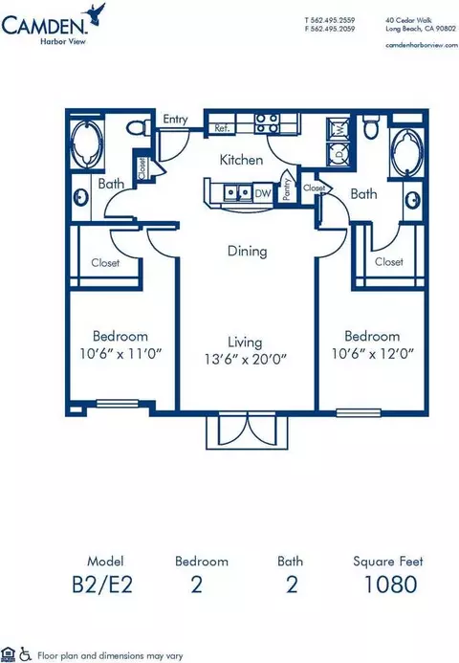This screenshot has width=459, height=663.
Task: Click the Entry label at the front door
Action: click(175, 120)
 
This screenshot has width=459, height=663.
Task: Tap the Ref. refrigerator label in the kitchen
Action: click(222, 128)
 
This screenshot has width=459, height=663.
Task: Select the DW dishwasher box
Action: click(263, 193)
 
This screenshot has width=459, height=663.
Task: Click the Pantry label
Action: click(287, 188)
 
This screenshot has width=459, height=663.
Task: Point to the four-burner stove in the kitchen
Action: click(267, 122)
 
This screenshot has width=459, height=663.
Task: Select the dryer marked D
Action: click(339, 154)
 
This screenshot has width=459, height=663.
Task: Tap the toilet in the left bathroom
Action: click(139, 127)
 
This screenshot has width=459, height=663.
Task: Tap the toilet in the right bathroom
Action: click(371, 126)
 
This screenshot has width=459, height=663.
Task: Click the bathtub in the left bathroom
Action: click(87, 144)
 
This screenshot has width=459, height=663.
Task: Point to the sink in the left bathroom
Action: click(80, 197)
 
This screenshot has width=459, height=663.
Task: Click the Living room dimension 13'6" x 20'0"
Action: click(246, 360)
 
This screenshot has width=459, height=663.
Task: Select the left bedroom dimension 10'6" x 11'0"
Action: click(120, 353)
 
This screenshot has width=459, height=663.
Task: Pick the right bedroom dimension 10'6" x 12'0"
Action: click(372, 353)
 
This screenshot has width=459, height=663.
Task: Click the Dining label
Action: click(248, 252)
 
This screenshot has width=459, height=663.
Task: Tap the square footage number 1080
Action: click(390, 585)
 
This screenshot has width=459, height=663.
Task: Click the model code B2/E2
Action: click(102, 585)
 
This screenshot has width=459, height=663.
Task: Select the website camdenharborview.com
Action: click(422, 45)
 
